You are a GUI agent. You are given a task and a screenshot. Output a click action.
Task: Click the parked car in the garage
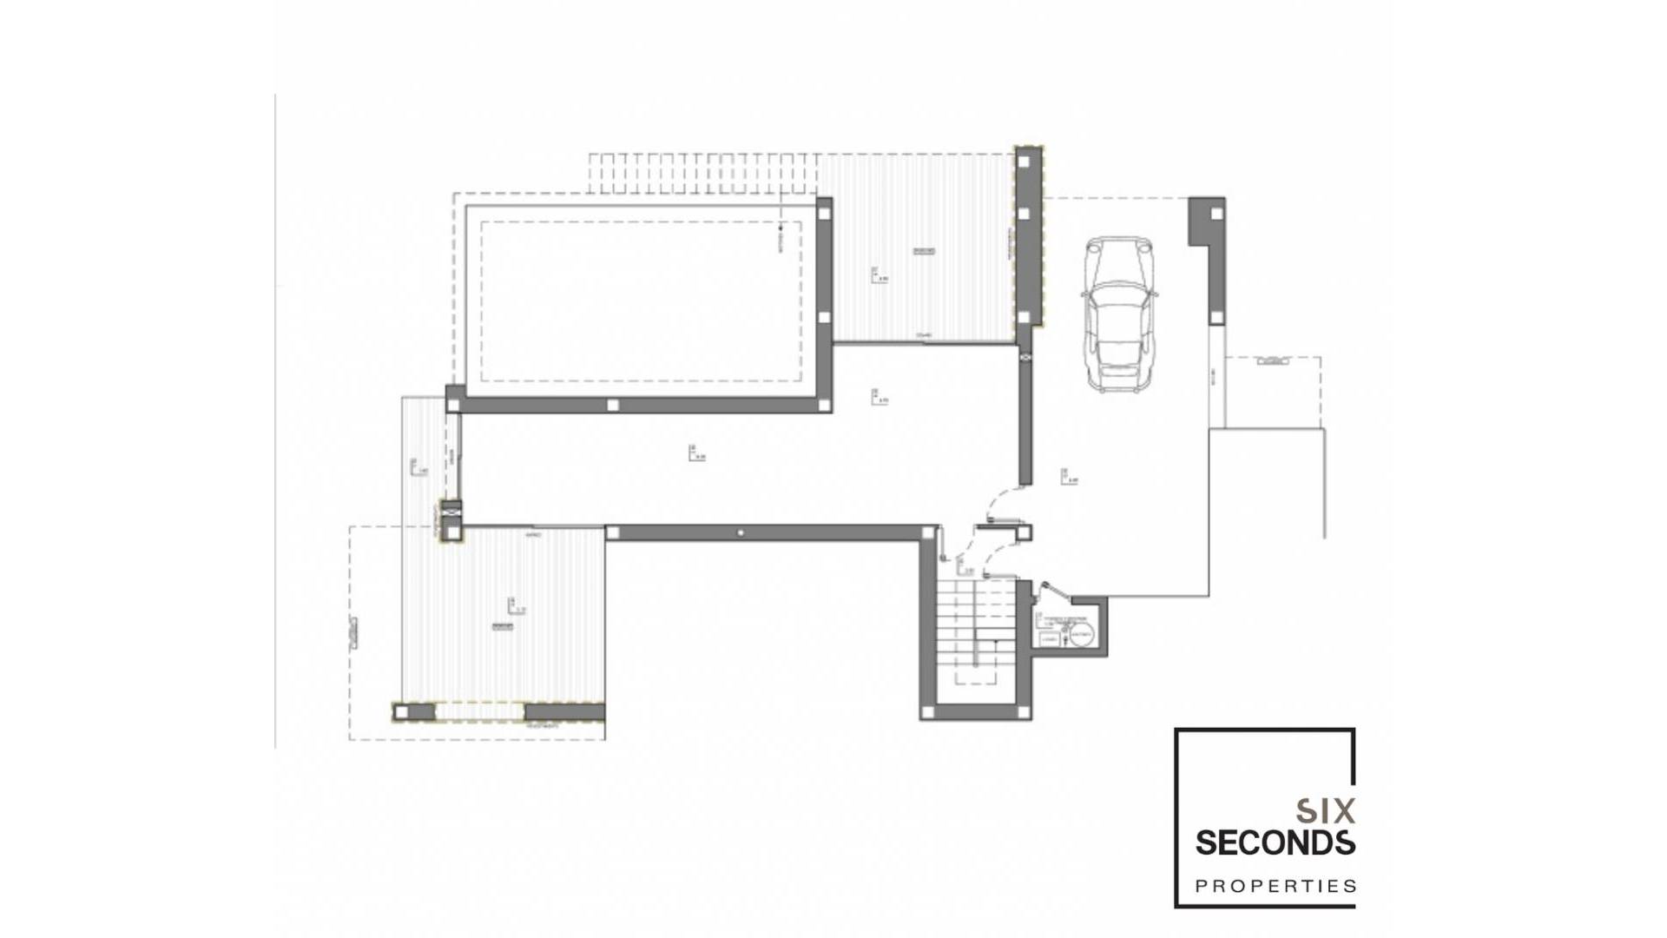[x=1118, y=314]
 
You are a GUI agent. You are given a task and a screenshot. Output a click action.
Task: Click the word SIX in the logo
[x=1325, y=812]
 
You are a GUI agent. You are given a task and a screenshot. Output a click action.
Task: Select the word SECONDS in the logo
[x=1275, y=842]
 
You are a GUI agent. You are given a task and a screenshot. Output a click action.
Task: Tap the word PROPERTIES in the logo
[x=1275, y=887]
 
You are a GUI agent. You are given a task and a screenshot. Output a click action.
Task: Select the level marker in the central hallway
[x=695, y=452]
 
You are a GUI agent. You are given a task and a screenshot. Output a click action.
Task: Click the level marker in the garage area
[x=1068, y=476]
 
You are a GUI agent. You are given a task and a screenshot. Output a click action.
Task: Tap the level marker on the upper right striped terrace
[x=879, y=275]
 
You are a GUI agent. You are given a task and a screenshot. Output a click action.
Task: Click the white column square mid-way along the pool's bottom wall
[x=612, y=405]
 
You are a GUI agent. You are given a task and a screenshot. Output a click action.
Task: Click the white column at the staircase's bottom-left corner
[x=927, y=712]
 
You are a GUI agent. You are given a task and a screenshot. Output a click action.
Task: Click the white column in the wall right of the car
[x=1216, y=214]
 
